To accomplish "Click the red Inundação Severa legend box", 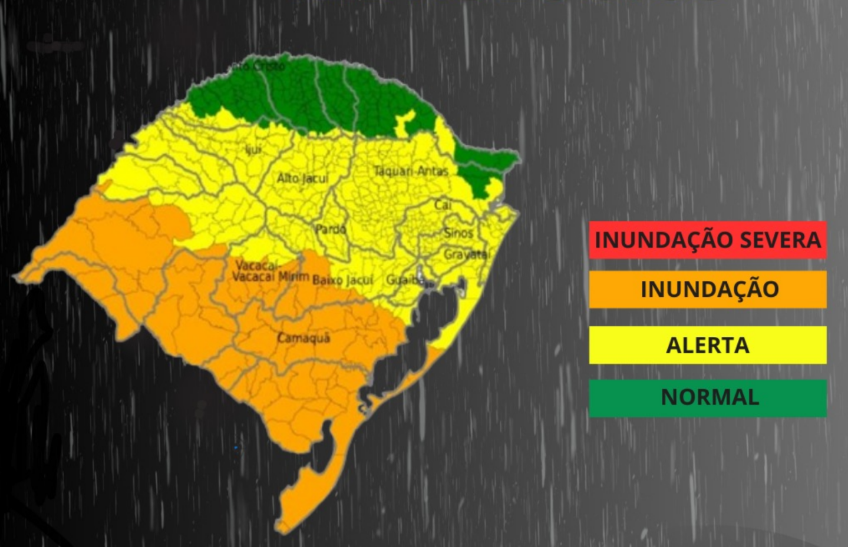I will [707, 240].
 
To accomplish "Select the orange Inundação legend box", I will [707, 289].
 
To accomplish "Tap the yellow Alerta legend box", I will [707, 345].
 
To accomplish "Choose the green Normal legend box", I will [707, 397].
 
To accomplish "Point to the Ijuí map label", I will [253, 150].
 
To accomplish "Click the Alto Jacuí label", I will [302, 178].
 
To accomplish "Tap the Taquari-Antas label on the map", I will [411, 171].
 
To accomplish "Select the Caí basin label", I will [443, 205].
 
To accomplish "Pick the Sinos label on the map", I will [458, 233].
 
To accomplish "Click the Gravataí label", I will [466, 254].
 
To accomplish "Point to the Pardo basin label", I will [331, 229].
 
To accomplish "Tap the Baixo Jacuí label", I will [342, 280].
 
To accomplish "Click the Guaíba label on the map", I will [404, 280].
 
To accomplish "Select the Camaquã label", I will [303, 338].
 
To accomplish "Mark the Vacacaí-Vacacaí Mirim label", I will [270, 271].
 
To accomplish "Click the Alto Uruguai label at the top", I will [260, 66].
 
